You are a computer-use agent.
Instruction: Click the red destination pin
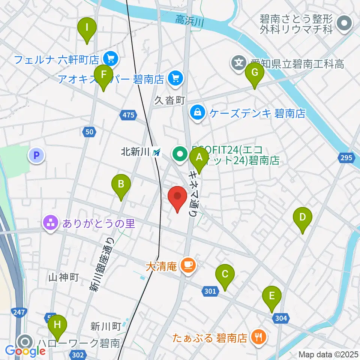coord(177,197)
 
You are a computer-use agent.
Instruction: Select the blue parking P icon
coord(37,155)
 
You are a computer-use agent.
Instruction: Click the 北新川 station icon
coord(156,152)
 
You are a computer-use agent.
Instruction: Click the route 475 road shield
coord(128,115)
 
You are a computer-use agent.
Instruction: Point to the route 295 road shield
coord(346,157)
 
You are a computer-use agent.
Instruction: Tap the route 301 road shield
coord(210,291)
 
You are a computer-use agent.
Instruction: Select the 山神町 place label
coord(63,277)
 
